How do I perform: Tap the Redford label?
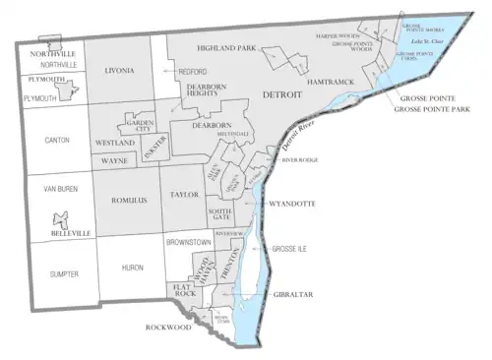pos(191,72)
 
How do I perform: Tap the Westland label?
pos(116,144)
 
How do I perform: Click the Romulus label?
pos(128,200)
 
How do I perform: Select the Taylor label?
pos(184,196)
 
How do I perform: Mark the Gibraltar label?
pos(287,294)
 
